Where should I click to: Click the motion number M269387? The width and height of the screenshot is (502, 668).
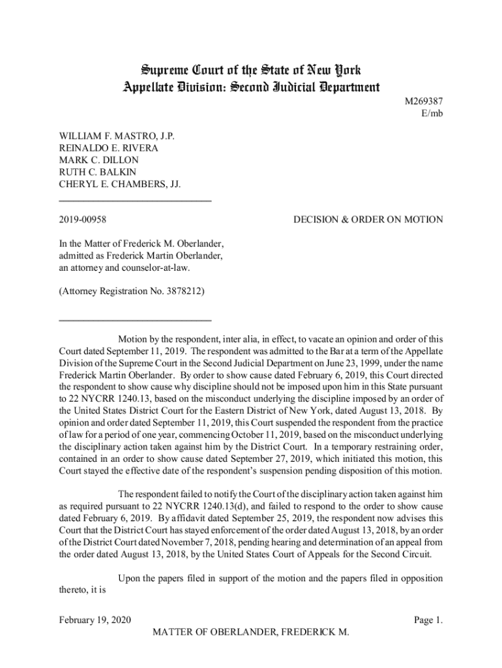424,102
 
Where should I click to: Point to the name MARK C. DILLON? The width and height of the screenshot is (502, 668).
98,160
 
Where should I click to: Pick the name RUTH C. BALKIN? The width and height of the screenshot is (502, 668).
98,172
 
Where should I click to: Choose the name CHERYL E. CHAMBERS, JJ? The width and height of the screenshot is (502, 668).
120,184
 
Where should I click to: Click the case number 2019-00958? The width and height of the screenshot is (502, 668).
83,220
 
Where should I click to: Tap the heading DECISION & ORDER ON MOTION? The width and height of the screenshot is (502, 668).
368,220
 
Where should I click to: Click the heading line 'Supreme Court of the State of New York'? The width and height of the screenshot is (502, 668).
251,70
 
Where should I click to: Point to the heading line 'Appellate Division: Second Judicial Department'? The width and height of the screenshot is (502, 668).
251,87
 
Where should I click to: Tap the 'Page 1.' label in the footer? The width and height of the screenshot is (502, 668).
428,620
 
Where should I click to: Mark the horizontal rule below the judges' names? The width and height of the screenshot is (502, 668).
135,200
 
